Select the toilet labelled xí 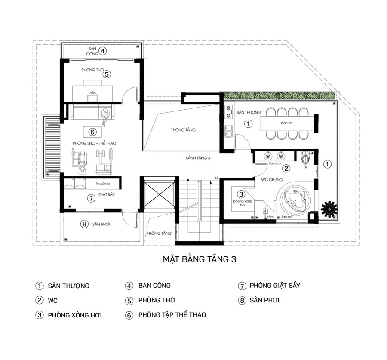[306, 159]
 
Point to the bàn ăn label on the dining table [287, 123]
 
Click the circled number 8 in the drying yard [84, 224]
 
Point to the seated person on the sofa [105, 114]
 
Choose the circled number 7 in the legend [242, 286]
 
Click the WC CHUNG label [267, 180]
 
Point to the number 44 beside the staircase [216, 177]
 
